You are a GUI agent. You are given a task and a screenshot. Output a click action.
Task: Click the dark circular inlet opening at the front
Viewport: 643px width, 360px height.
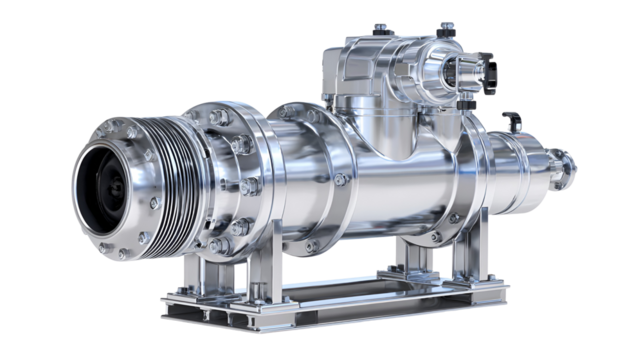[x=104, y=184]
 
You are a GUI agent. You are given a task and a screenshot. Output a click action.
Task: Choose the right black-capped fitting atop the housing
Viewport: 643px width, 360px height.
[x=447, y=26]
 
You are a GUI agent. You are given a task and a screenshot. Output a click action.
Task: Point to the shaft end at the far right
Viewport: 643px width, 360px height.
[x=566, y=164]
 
